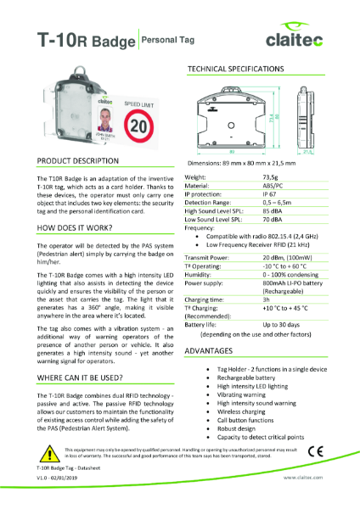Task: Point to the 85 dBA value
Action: click(272, 211)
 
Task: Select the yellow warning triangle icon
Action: click(45, 450)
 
